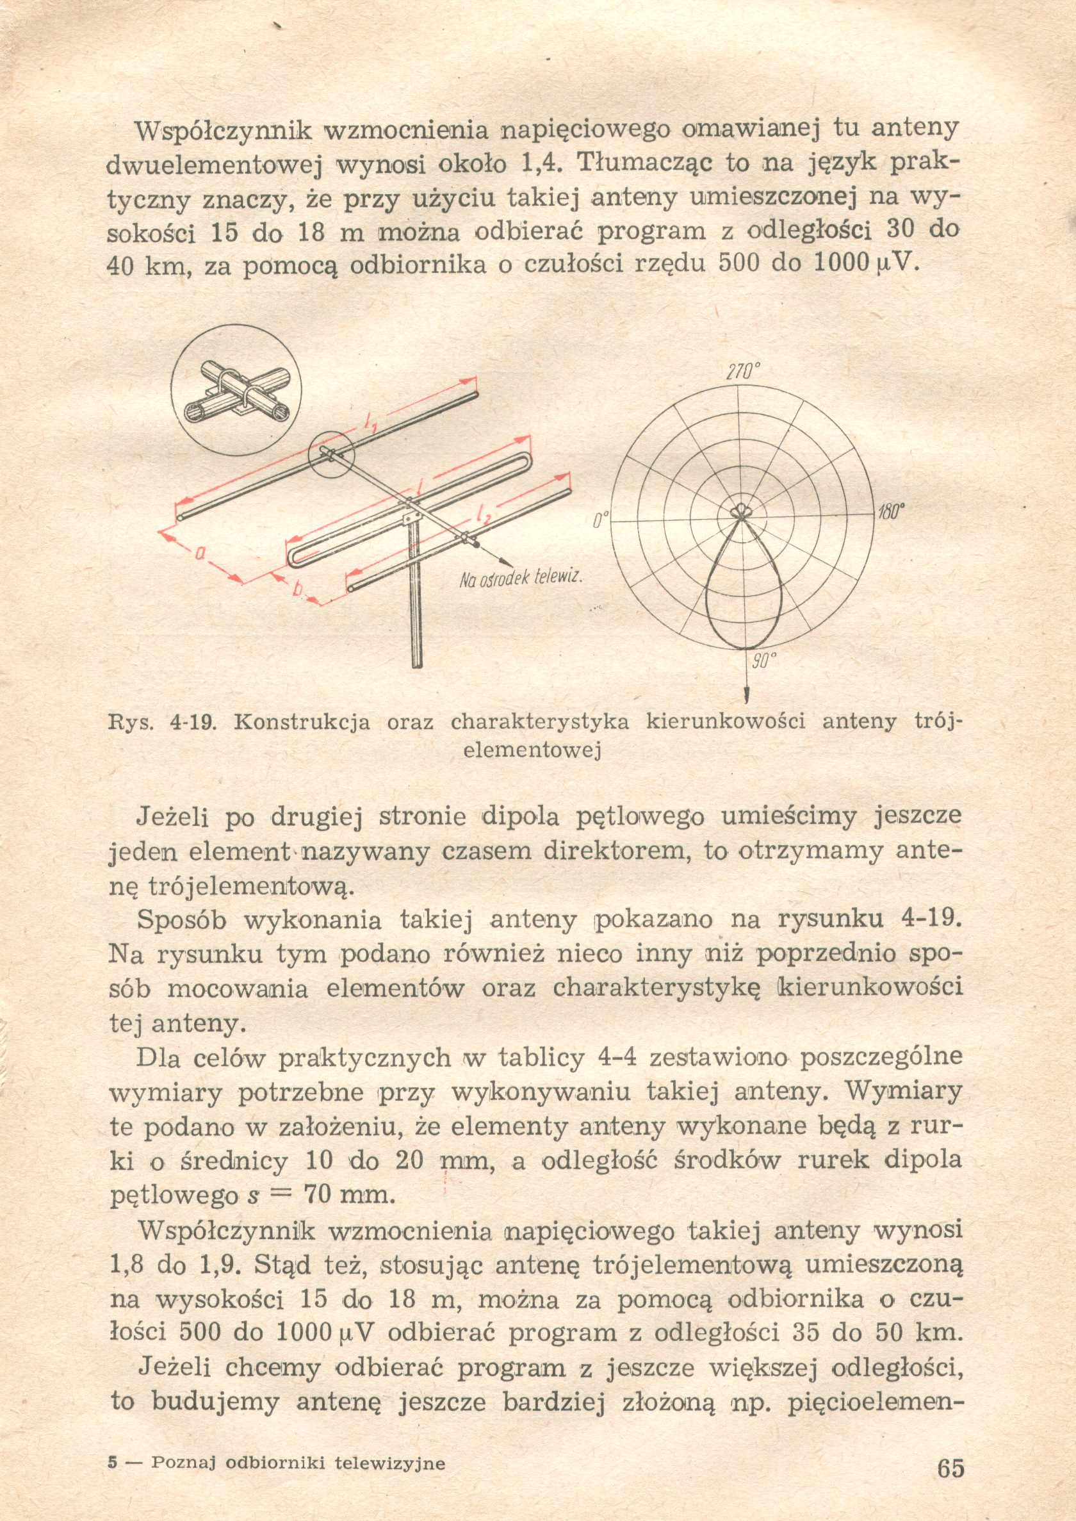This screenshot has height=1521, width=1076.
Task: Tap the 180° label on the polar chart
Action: point(891,512)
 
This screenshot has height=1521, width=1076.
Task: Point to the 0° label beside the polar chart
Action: point(600,519)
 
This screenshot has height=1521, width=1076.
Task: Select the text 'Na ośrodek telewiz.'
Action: point(521,578)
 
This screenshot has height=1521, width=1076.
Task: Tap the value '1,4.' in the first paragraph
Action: point(544,162)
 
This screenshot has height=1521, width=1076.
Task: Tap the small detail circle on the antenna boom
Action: point(331,454)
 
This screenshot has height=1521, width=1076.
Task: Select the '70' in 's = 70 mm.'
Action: point(318,1195)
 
